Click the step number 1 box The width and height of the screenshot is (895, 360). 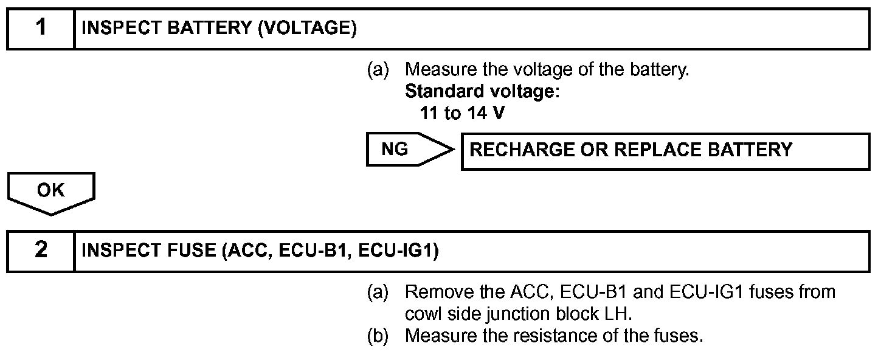(41, 29)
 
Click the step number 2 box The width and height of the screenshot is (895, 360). (41, 251)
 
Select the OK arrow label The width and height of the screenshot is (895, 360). (51, 192)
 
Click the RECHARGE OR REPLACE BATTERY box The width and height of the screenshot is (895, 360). (665, 150)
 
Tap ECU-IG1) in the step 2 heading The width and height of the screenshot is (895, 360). (398, 251)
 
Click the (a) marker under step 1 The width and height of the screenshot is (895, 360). (378, 70)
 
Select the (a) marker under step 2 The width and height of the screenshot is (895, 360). (378, 292)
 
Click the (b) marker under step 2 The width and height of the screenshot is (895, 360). (378, 336)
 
